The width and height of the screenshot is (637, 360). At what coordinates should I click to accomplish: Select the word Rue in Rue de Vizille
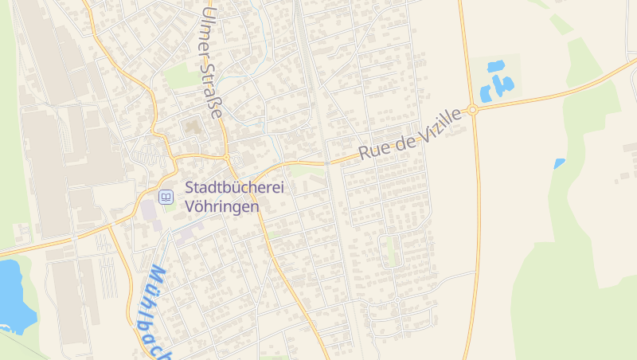[373, 148]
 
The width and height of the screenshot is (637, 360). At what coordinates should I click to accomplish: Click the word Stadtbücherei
[235, 189]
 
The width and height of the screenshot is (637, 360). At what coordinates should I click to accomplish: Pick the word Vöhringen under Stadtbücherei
[222, 206]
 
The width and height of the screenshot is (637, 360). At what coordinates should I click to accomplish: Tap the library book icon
[166, 197]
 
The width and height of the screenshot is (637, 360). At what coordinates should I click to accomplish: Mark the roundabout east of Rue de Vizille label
[472, 111]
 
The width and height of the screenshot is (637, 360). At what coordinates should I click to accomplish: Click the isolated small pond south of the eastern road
[559, 163]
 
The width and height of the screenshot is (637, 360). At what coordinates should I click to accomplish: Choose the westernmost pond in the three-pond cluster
[485, 94]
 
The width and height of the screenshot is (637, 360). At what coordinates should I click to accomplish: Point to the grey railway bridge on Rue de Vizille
[326, 162]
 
